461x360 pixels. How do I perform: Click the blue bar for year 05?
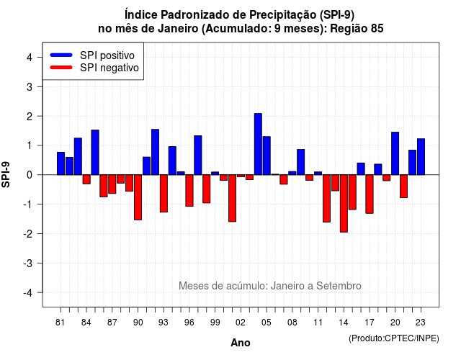point(267,156)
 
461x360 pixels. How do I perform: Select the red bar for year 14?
point(344,203)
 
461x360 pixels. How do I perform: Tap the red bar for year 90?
point(138,197)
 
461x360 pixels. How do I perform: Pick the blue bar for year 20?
point(395,153)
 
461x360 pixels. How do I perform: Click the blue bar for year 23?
point(421,157)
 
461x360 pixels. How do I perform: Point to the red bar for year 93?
point(164,194)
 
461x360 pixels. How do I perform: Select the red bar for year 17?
point(370,194)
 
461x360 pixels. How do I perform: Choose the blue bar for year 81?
point(61,163)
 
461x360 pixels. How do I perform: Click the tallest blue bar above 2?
point(258,144)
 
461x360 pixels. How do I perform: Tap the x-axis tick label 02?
point(241,323)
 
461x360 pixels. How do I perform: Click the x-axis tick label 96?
point(189,323)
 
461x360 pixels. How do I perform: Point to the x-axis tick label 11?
point(318,323)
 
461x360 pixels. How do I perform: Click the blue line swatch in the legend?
point(61,55)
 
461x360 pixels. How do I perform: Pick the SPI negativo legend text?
point(109,68)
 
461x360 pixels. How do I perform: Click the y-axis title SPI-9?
point(6,174)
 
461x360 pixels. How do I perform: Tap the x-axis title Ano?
point(241,343)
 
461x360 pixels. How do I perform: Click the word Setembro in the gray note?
point(339,286)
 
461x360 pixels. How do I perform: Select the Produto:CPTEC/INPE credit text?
point(394,338)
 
